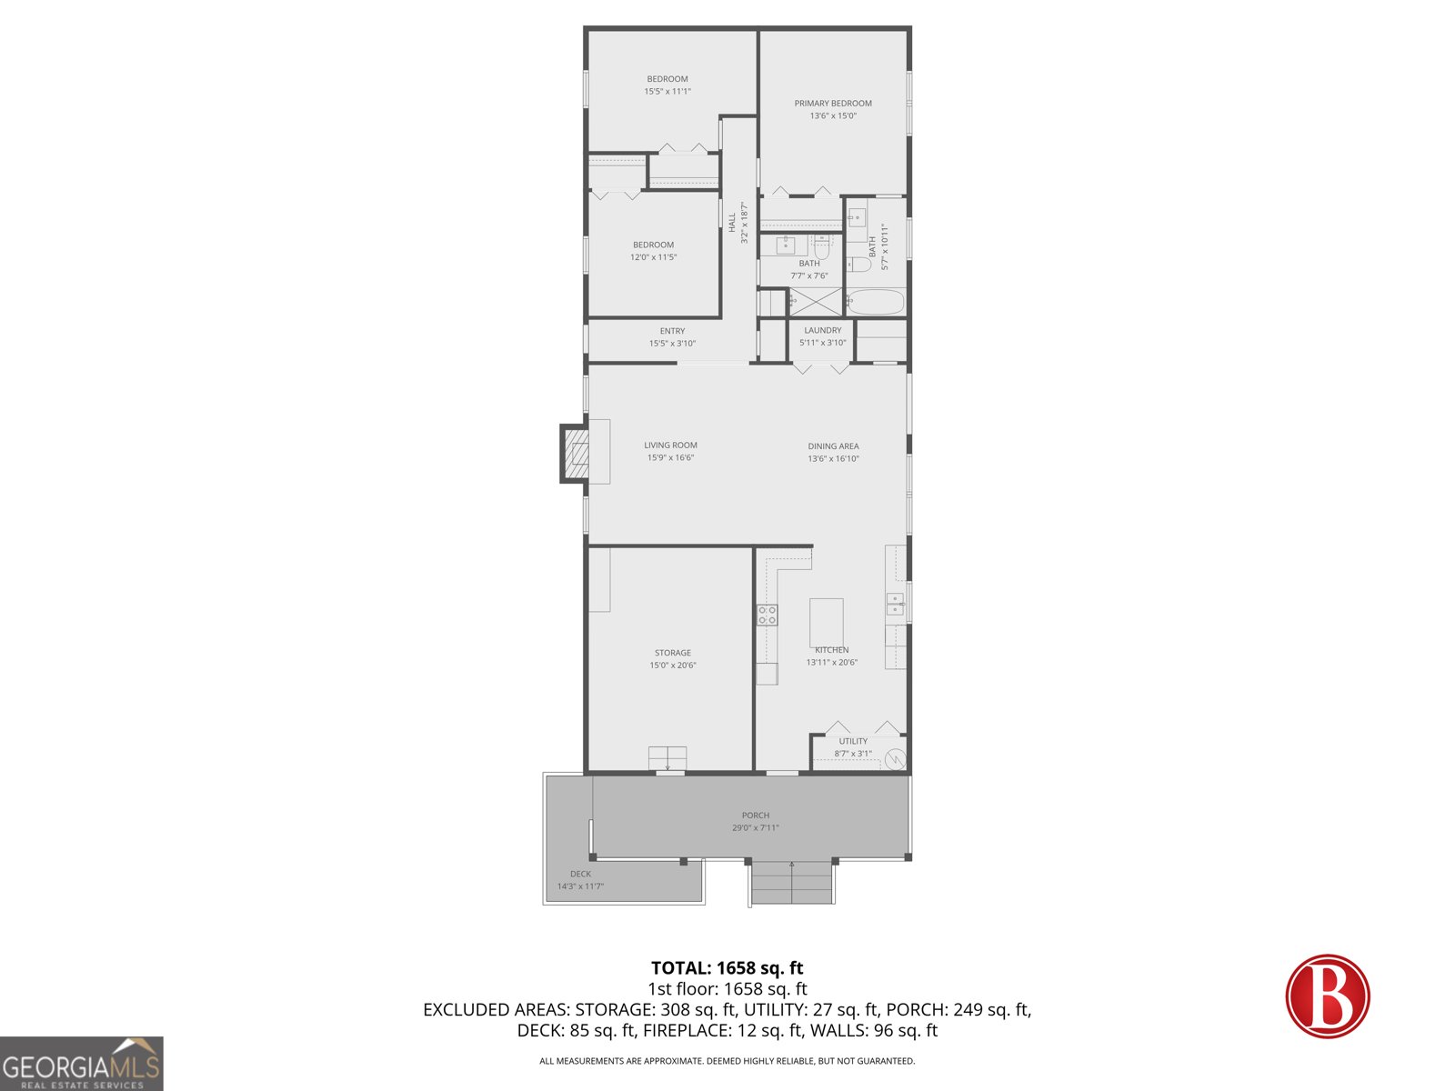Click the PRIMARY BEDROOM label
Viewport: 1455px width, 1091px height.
pyautogui.click(x=833, y=104)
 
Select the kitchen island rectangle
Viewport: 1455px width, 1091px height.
pyautogui.click(x=826, y=622)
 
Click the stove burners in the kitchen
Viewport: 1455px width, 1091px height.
pyautogui.click(x=768, y=615)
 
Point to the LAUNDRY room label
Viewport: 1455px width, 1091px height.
pyautogui.click(x=822, y=331)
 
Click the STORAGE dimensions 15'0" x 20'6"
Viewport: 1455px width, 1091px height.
pyautogui.click(x=673, y=666)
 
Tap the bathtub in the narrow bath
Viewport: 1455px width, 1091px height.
pyautogui.click(x=875, y=302)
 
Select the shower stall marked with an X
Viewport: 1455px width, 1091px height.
pyautogui.click(x=815, y=302)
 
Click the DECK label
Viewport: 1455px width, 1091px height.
pyautogui.click(x=580, y=874)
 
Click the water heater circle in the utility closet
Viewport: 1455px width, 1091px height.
pyautogui.click(x=895, y=757)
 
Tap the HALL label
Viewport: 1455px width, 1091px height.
pyautogui.click(x=732, y=222)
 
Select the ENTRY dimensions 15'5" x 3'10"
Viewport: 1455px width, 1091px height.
pyautogui.click(x=672, y=344)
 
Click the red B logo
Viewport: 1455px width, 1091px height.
pyautogui.click(x=1327, y=996)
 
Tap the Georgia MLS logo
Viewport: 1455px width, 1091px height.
pyautogui.click(x=82, y=1064)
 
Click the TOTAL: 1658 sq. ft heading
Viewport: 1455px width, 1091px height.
pyautogui.click(x=727, y=968)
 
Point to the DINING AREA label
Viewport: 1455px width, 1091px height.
pyautogui.click(x=833, y=446)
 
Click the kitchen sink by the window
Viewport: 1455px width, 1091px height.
pyautogui.click(x=895, y=604)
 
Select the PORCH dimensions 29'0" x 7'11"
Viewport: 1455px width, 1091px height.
pyautogui.click(x=755, y=828)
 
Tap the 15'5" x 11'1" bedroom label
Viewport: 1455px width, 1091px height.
pyautogui.click(x=667, y=92)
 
